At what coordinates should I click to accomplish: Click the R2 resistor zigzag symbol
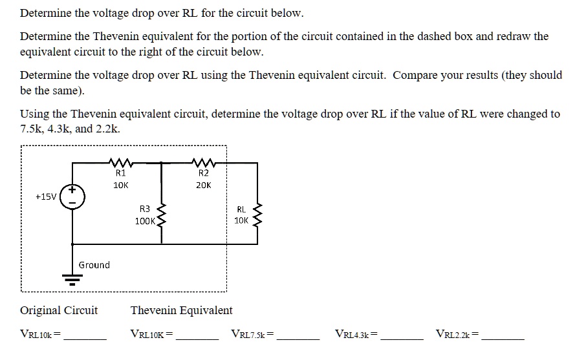pos(204,162)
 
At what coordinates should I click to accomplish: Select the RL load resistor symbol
pos(257,214)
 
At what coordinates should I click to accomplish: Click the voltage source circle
pos(72,195)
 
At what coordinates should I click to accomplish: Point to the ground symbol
pos(72,279)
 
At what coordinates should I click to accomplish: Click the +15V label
pos(45,195)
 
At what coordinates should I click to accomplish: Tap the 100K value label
pos(145,221)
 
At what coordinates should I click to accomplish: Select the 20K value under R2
pos(203,185)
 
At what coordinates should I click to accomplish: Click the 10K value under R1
pos(121,185)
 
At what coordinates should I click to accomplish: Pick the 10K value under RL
pos(241,220)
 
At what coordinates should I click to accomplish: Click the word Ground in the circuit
pos(94,265)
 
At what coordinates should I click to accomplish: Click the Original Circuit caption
pos(59,310)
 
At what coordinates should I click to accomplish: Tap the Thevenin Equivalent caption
pos(181,310)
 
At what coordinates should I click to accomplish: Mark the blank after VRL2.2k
pos(503,335)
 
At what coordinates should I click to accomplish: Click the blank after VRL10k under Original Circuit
pos(85,335)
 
